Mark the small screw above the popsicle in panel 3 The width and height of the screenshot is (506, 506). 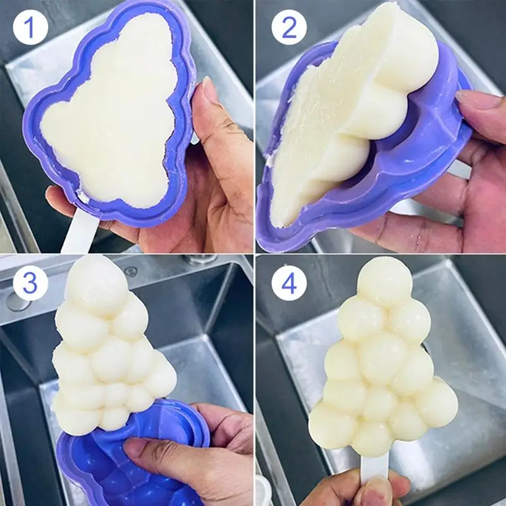(131, 271)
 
